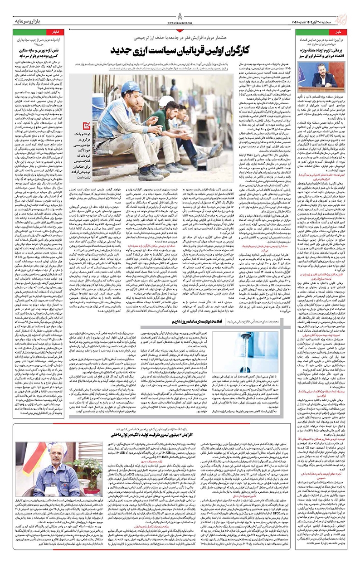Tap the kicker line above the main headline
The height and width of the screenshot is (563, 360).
180,36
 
